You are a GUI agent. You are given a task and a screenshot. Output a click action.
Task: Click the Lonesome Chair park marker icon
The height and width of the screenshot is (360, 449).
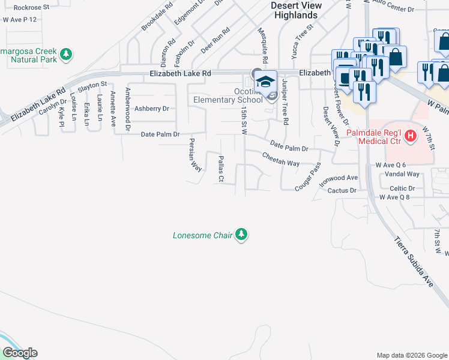click(241, 235)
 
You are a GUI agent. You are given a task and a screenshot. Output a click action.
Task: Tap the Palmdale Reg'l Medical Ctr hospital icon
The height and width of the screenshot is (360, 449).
click(411, 136)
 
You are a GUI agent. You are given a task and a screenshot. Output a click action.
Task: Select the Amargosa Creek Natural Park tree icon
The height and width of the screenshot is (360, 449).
click(67, 55)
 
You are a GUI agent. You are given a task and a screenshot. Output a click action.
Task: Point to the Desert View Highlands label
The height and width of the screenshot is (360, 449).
click(289, 10)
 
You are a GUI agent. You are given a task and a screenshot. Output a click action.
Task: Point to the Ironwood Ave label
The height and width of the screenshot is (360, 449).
click(339, 178)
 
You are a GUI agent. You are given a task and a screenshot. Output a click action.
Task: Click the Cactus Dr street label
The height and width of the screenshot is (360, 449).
click(342, 190)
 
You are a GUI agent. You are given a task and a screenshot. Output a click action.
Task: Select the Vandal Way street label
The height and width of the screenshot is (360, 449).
click(402, 174)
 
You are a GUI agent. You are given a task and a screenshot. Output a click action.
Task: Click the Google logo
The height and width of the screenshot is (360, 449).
click(19, 353)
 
